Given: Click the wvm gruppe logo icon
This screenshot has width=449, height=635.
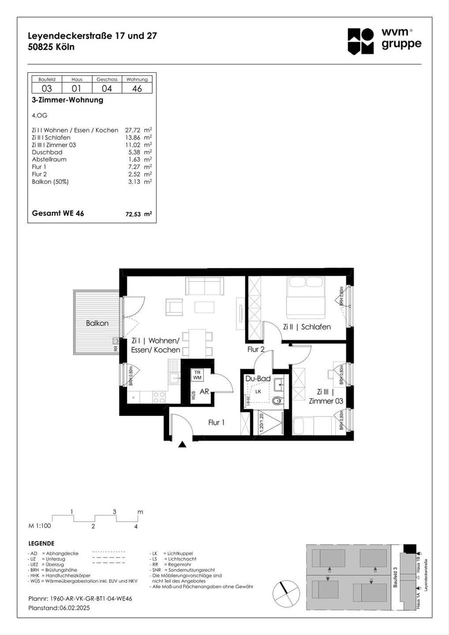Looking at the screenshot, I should click(x=360, y=41).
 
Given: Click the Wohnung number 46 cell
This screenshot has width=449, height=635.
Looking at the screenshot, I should click(x=137, y=88).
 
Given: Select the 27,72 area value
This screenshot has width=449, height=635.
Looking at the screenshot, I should click(x=133, y=130).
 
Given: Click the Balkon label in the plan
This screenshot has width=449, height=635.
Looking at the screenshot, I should click(x=97, y=323).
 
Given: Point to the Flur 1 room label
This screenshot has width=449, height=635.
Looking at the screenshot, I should click(x=216, y=422).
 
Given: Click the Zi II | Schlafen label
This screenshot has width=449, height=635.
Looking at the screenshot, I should click(x=307, y=327).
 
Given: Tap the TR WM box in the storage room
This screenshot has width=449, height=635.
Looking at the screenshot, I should click(x=197, y=375).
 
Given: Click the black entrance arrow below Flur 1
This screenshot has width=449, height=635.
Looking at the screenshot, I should click(x=182, y=445).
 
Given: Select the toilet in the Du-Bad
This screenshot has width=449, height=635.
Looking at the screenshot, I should click(x=277, y=400).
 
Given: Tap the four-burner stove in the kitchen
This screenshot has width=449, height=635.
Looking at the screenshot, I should click(x=159, y=397).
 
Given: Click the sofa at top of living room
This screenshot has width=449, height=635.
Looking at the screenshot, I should click(x=205, y=286).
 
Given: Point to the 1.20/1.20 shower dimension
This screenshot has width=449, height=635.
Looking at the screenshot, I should click(x=262, y=423).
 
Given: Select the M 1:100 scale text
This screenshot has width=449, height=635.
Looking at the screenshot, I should click(x=40, y=526).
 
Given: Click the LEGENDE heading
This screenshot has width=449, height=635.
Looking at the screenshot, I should click(x=41, y=543).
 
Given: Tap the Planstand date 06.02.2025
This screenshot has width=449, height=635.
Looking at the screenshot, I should click(x=74, y=608).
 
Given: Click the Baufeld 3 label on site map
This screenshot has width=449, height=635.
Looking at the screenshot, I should click(x=395, y=577).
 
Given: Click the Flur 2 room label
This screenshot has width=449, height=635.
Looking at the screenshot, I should click(x=256, y=349).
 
